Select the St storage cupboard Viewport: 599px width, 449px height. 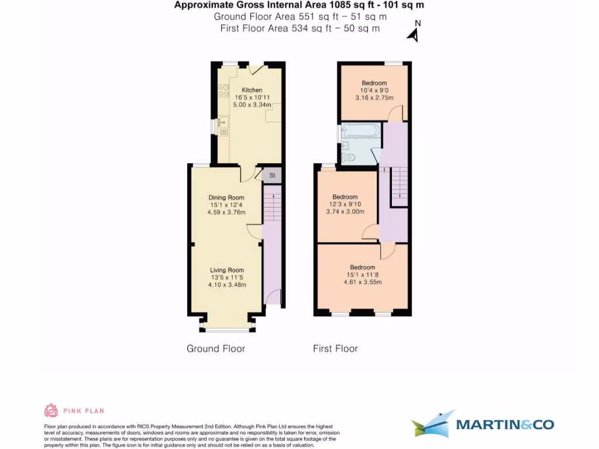(x=272, y=175)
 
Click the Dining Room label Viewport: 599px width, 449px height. (x=226, y=198)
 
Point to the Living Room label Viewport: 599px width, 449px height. (x=228, y=270)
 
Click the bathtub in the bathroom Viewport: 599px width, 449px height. (x=361, y=131)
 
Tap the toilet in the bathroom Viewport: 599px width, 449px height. (x=349, y=157)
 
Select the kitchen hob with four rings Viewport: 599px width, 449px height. (x=223, y=91)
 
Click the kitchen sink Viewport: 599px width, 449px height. (x=223, y=123)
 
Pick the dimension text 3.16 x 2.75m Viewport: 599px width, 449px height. (x=374, y=98)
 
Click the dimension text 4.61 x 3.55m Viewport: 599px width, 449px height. (x=363, y=282)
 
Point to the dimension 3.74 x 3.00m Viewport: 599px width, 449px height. (x=345, y=212)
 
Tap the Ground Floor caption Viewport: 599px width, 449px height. (x=216, y=349)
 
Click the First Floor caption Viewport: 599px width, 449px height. (x=335, y=349)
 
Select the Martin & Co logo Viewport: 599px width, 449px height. (x=482, y=424)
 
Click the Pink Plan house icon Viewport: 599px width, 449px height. (x=51, y=410)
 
